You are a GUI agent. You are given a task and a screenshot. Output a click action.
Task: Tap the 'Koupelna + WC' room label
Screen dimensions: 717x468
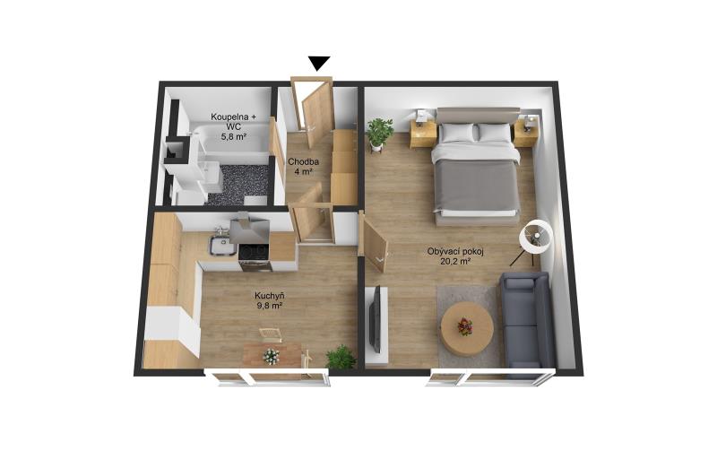234,121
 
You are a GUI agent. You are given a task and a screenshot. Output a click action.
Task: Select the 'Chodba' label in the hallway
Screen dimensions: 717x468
303,161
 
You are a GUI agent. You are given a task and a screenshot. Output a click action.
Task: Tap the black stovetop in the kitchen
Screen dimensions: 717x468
255,252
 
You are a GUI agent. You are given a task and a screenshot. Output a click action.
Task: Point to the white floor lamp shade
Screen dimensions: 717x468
536,237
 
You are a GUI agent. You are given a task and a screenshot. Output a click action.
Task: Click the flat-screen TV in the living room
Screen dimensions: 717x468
375,319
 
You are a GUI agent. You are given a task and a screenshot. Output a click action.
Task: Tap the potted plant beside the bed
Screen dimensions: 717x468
379,133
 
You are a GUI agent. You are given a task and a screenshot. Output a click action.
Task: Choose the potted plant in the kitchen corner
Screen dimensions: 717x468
341,357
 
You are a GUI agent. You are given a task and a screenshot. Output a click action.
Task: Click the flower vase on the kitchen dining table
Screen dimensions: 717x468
271,356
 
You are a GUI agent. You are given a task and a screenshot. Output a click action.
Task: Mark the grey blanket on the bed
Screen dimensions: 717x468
478,186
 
